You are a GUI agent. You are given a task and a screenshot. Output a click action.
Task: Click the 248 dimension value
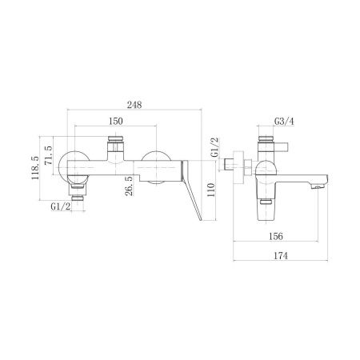tap(134, 105)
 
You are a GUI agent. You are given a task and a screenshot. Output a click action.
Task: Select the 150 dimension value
tap(116, 121)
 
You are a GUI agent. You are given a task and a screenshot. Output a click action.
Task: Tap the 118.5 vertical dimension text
tap(35, 168)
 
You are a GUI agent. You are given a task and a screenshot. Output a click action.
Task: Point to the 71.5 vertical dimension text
tap(49, 155)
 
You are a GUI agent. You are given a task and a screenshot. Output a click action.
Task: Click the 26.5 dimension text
tap(129, 186)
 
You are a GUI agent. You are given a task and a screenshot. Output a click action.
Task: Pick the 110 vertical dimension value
tap(210, 190)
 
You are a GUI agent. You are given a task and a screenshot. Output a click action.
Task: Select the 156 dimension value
tap(276, 236)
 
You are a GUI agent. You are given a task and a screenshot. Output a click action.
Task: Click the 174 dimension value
tap(281, 256)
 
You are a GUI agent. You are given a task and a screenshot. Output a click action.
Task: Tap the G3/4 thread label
tap(284, 122)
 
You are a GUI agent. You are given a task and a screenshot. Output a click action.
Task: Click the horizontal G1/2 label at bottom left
tap(61, 206)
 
